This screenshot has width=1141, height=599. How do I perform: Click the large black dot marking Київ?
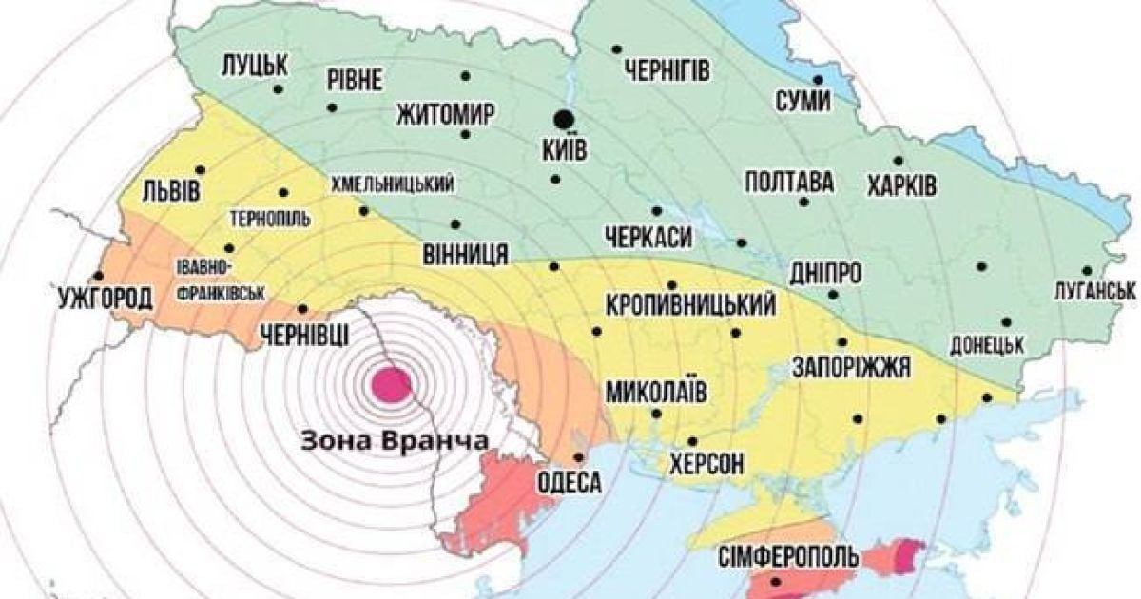564,119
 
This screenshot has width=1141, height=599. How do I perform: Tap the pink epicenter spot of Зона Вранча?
391,385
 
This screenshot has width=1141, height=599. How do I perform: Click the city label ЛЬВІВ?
172,190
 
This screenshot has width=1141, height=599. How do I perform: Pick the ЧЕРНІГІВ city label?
668,70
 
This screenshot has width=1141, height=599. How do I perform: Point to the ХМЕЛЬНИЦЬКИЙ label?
391,184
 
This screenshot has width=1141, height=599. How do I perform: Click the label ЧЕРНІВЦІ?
302,334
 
